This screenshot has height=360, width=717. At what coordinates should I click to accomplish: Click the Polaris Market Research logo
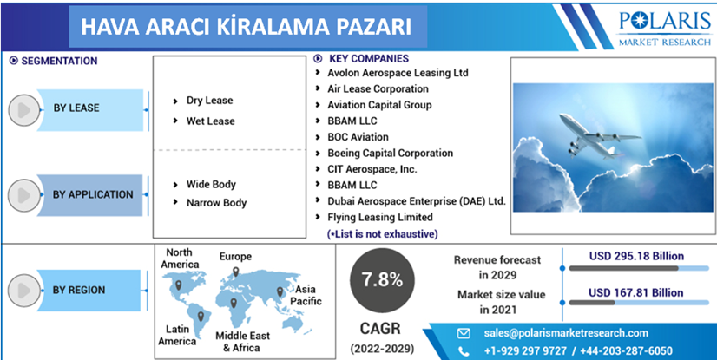[665, 29]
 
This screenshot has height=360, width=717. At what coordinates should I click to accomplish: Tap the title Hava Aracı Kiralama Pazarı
[246, 27]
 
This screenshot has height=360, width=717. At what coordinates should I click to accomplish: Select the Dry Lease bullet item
[209, 101]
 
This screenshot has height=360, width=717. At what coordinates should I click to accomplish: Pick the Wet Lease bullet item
[210, 121]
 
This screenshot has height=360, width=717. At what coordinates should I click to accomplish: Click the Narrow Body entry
[216, 203]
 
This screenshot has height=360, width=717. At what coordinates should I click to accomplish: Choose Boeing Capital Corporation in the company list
[390, 153]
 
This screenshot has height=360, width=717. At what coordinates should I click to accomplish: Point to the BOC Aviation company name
[358, 137]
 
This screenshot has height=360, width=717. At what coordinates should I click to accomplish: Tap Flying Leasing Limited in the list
[380, 217]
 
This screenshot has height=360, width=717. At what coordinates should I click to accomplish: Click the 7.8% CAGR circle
[382, 280]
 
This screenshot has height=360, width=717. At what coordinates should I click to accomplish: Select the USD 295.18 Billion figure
[636, 256]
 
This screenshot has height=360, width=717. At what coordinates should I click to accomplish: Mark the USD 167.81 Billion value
[636, 292]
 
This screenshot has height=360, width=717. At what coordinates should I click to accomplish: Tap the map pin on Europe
[235, 272]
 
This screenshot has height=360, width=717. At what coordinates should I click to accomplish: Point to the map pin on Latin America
[201, 315]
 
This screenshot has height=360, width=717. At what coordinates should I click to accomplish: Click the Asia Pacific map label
[306, 295]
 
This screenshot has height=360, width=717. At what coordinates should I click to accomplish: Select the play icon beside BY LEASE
[24, 110]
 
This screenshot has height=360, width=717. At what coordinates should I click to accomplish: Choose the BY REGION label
[79, 290]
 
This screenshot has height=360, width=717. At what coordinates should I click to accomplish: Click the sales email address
[566, 333]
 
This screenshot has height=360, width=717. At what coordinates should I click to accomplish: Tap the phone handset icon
[464, 351]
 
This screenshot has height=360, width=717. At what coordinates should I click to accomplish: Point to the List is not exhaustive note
[383, 234]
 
